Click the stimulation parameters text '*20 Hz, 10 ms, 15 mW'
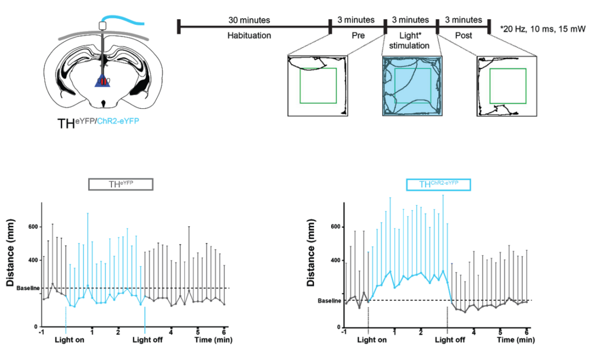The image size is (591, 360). coord(543,29)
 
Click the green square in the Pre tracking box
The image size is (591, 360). coord(318,85)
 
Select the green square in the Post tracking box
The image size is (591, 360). coord(508,85)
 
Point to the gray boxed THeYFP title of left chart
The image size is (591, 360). coord(120,184)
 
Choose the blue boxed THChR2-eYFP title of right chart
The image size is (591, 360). coord(438,185)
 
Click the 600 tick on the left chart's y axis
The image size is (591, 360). coord(33,227)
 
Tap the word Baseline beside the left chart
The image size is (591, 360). coord(28,288)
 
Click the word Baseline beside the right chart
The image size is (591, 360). coord(330,300)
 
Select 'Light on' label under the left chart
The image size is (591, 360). coord(69,340)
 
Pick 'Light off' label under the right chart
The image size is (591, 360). coord(450,340)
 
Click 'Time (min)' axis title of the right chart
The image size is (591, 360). coord(516,340)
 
